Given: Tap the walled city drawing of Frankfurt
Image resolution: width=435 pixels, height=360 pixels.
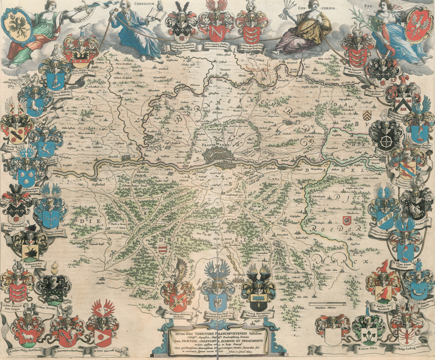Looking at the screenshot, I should pos(220,157).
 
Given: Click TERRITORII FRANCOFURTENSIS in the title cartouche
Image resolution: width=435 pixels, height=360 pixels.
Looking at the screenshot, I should pos(217,330).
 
